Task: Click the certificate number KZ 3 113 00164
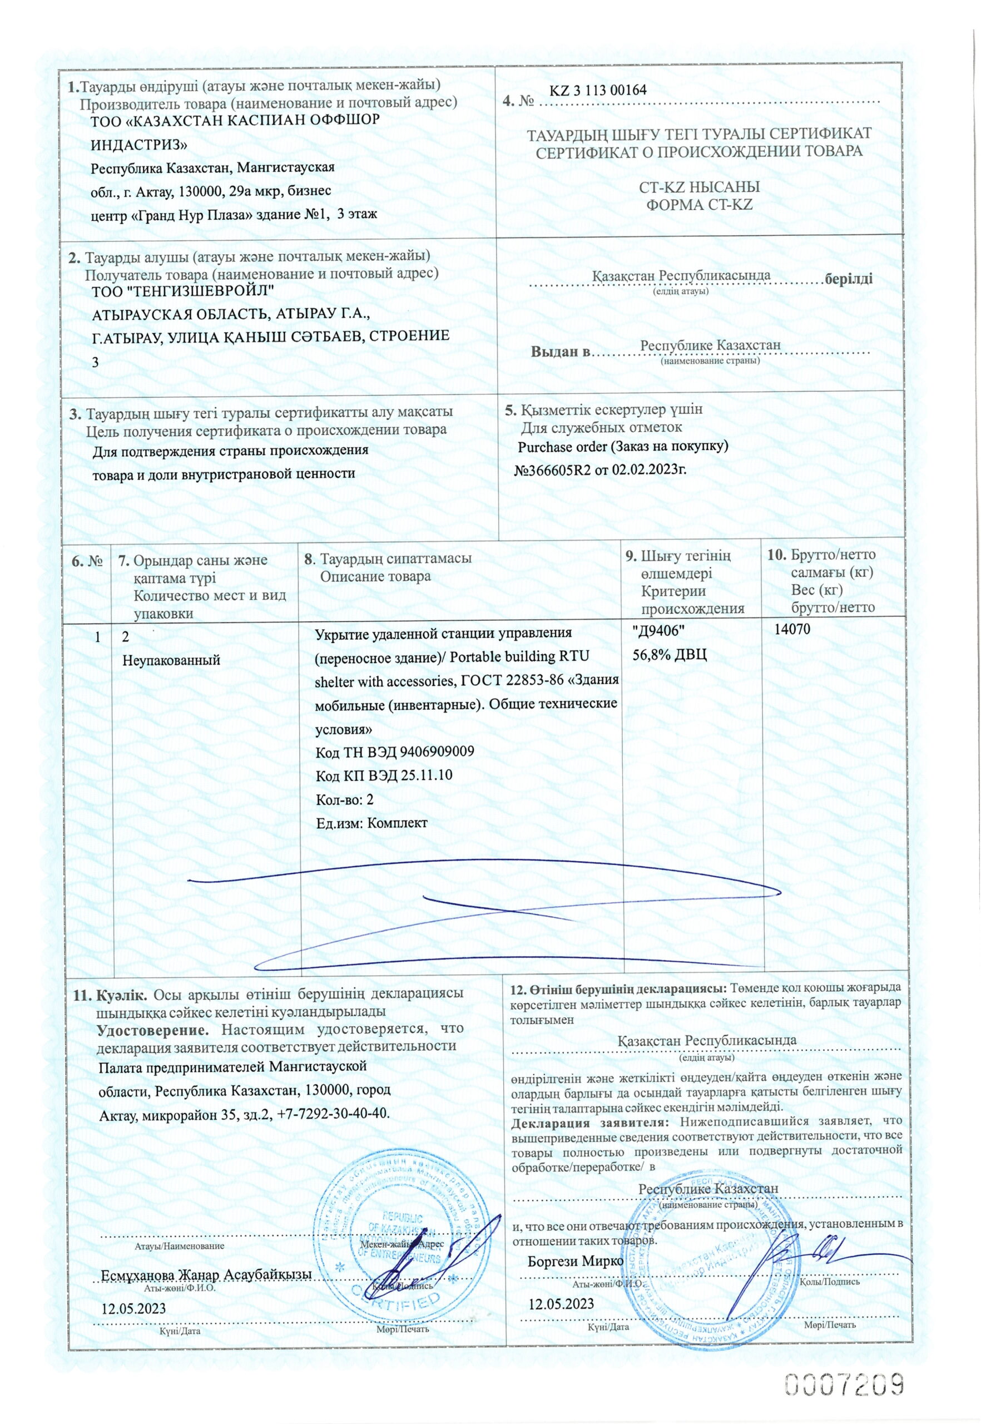(597, 90)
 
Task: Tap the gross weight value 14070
(793, 629)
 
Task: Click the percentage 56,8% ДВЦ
(670, 654)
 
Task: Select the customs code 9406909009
(437, 752)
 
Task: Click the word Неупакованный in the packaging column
(171, 661)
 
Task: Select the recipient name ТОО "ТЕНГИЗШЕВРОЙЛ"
(182, 291)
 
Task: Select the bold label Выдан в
(560, 352)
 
